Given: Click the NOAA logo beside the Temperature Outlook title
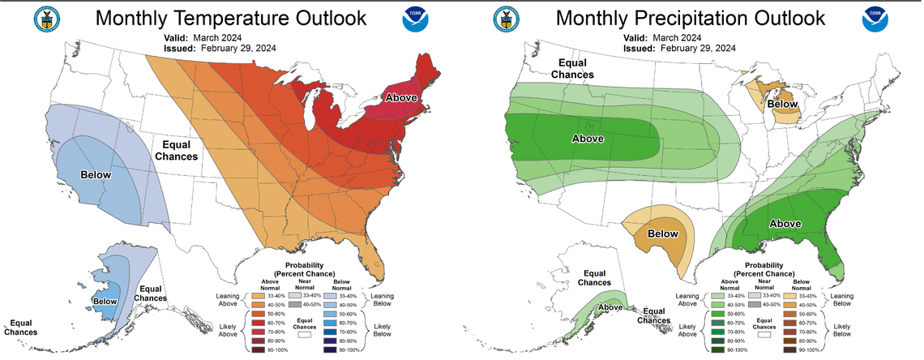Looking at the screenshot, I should coord(413,20).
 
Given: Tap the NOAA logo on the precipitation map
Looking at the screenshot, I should coord(875,20).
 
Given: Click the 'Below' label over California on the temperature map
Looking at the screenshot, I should coord(96,174).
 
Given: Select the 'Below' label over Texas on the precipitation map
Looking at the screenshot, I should coord(662,234).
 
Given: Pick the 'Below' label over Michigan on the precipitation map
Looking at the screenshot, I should coord(782,104).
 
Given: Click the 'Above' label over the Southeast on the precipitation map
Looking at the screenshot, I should coord(784,224).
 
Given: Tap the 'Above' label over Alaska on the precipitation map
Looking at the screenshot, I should coord(610,307).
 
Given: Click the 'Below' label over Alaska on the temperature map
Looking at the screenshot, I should coord(105,302).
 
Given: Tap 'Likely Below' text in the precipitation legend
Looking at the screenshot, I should coord(842,332).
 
